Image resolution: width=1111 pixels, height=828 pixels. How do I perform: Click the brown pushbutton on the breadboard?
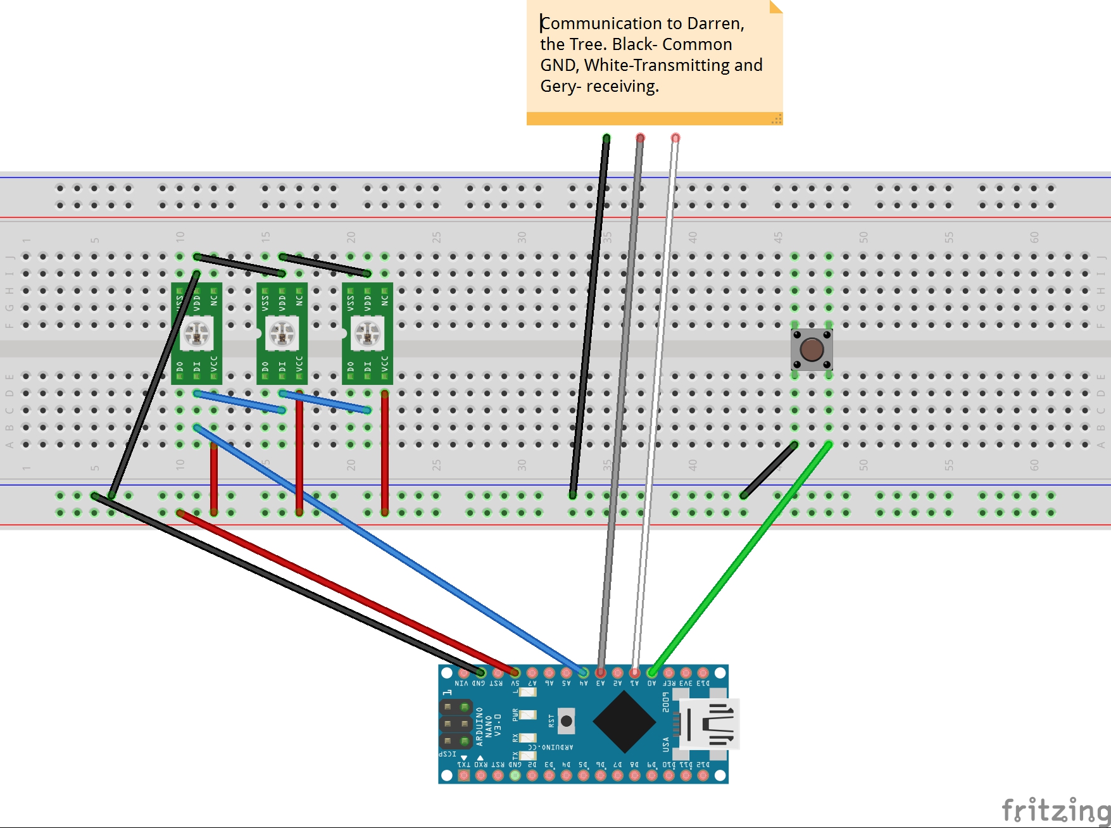pos(812,349)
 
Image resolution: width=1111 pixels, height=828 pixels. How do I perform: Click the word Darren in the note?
pos(715,23)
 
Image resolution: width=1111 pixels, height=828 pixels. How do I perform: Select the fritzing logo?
pos(1055,810)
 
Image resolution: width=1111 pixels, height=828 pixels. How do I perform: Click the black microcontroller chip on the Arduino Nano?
pos(624,722)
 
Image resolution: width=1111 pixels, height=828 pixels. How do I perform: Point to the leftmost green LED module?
pos(196,334)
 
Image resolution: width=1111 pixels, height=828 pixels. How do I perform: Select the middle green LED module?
pos(282,334)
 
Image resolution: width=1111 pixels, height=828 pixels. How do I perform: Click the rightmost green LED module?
pos(367,334)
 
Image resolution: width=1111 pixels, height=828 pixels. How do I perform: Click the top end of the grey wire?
pos(641,138)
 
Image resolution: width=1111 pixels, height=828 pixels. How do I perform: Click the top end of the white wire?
pos(675,138)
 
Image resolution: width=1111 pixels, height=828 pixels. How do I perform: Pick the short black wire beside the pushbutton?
pos(769,470)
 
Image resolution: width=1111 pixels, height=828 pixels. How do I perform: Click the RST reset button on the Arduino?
pos(567,721)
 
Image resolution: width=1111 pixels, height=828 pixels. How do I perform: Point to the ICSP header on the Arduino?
pos(456,724)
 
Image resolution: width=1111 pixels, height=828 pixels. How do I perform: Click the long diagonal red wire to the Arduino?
pos(348,593)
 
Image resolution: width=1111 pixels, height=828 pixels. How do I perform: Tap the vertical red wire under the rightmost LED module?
pos(385,453)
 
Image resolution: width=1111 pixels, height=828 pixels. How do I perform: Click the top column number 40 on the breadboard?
pos(693,237)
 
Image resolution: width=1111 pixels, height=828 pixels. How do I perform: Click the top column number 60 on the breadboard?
pos(1034,237)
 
